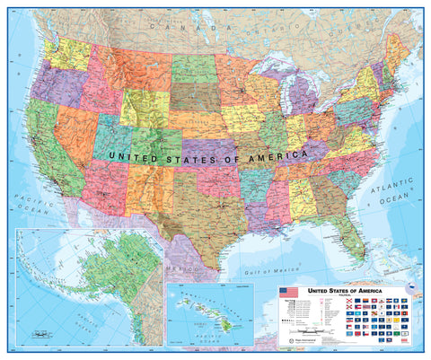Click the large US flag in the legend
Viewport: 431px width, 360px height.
(288, 293)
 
